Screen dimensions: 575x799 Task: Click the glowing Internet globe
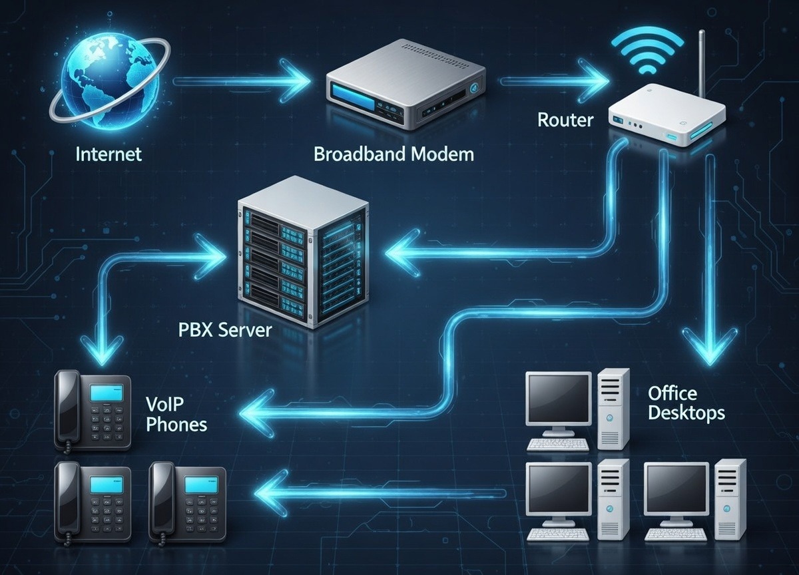coord(100,83)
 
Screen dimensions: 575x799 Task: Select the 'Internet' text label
coord(109,154)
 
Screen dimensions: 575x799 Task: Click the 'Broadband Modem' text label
coord(394,154)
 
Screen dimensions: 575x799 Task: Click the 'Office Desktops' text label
coord(686,403)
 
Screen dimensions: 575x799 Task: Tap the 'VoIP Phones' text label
coord(175,414)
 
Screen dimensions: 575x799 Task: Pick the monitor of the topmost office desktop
coord(558,399)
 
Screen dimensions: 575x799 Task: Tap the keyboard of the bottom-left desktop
coord(558,534)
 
